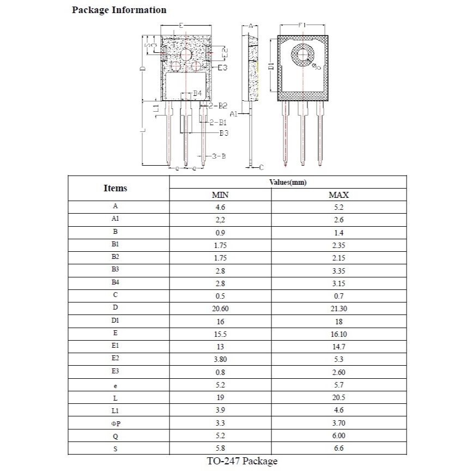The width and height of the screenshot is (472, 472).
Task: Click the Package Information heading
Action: pyautogui.click(x=119, y=10)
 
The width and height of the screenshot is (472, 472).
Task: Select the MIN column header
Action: pyautogui.click(x=220, y=195)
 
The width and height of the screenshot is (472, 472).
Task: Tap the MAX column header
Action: pyautogui.click(x=338, y=195)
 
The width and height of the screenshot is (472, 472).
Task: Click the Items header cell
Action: pyautogui.click(x=116, y=188)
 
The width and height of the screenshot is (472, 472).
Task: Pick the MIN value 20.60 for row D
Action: pyautogui.click(x=220, y=309)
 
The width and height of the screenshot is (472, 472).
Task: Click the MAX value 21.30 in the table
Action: pyautogui.click(x=338, y=309)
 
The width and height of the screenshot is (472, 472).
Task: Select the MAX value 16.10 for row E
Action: pyautogui.click(x=338, y=334)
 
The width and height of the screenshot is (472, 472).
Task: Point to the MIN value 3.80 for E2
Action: pyautogui.click(x=220, y=359)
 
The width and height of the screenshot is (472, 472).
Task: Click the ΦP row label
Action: pyautogui.click(x=116, y=424)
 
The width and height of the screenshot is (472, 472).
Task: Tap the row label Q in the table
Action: pyautogui.click(x=116, y=437)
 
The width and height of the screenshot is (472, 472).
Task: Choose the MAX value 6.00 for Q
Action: pyautogui.click(x=338, y=435)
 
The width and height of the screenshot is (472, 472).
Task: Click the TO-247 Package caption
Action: pyautogui.click(x=242, y=461)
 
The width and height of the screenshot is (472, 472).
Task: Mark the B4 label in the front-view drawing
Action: pyautogui.click(x=197, y=93)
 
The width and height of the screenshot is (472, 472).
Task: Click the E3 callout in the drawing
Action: pyautogui.click(x=222, y=68)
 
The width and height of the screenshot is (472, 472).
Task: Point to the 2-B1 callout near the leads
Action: pyautogui.click(x=218, y=123)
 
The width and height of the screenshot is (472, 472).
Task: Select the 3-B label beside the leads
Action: pyautogui.click(x=219, y=156)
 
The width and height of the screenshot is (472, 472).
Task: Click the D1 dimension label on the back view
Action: pyautogui.click(x=271, y=66)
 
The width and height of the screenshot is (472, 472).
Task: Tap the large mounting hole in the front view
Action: pyautogui.click(x=186, y=55)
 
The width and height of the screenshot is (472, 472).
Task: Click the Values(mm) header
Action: pyautogui.click(x=288, y=182)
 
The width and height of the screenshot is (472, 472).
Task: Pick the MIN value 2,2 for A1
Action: pyautogui.click(x=220, y=220)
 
